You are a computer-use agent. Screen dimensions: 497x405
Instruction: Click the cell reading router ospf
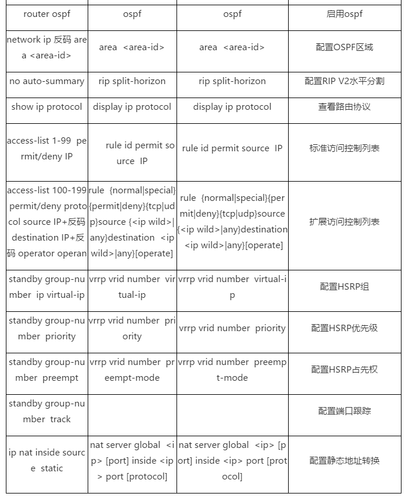click(47, 14)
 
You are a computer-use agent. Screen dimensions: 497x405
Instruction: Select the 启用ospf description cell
click(344, 14)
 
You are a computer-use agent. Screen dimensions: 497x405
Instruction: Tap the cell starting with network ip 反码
click(47, 47)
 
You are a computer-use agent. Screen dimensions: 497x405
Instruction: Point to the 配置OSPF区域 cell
click(344, 47)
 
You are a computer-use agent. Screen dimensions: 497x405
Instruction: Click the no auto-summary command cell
click(47, 81)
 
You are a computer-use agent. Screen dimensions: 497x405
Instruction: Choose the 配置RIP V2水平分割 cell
click(344, 81)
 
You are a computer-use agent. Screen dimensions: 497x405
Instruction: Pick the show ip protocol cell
click(47, 107)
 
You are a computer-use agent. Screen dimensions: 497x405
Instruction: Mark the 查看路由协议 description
click(344, 107)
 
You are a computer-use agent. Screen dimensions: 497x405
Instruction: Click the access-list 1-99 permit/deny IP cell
click(47, 148)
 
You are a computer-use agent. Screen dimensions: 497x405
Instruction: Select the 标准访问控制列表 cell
click(344, 148)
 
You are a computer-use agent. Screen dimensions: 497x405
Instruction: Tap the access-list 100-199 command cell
click(47, 222)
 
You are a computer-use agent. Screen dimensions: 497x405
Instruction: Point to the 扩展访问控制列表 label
click(344, 222)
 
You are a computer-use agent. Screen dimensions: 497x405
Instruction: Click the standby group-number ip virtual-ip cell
click(47, 287)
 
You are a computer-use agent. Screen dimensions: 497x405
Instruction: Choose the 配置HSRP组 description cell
click(344, 287)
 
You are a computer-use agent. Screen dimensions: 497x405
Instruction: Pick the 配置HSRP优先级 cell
click(344, 328)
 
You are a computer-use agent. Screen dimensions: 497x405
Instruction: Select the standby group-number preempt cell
click(47, 370)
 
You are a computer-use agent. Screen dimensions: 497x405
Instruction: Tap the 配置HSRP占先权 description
click(344, 370)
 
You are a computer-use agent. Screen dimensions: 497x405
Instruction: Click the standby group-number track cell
click(47, 411)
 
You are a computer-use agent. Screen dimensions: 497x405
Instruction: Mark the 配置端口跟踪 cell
click(344, 411)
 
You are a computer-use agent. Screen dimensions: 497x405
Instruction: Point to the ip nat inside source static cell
click(47, 460)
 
